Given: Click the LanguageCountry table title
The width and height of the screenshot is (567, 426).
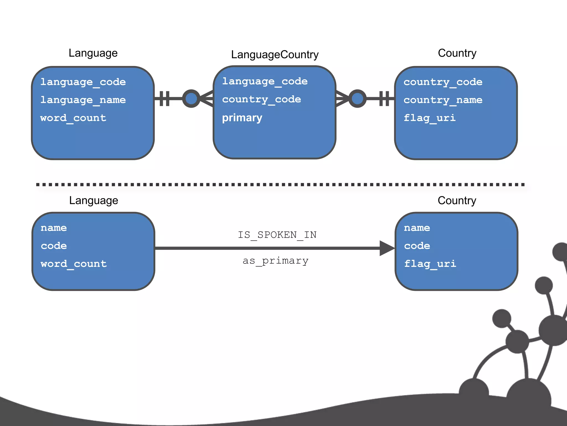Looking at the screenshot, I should point(275,55).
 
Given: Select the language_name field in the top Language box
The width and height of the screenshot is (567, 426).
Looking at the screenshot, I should point(83,100).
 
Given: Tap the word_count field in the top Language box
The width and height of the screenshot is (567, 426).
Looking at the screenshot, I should point(73,118).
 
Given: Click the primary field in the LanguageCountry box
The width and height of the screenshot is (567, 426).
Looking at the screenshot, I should point(242,118).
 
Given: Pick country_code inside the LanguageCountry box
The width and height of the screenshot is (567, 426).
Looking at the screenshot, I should point(261,99).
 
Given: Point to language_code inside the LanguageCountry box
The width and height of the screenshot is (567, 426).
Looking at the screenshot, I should point(265,81).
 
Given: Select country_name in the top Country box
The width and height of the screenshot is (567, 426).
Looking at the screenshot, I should point(443,100).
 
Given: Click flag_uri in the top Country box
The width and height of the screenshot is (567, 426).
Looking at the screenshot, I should point(429,118).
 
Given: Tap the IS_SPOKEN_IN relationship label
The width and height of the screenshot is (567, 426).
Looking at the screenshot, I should point(277,235).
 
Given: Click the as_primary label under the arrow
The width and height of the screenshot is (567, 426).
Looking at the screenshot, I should point(275,261).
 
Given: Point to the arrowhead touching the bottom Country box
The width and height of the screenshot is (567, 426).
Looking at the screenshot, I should point(387,248).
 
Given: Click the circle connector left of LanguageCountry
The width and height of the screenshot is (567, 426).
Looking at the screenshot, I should point(191,98).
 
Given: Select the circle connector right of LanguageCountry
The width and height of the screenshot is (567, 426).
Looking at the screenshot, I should point(357,98).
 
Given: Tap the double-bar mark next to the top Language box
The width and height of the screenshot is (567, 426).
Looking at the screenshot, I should point(164,98).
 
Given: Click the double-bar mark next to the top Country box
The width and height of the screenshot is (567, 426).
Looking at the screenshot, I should point(384,98).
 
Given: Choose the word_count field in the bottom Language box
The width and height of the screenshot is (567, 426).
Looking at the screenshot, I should point(74,264).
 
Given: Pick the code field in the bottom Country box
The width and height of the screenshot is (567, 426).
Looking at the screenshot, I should point(417,246).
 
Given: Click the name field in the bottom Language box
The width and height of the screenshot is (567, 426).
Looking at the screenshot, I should point(54,228).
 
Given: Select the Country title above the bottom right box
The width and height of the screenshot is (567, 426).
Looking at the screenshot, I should point(457,201).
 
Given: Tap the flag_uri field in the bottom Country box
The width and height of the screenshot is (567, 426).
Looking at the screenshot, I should point(430,264).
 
